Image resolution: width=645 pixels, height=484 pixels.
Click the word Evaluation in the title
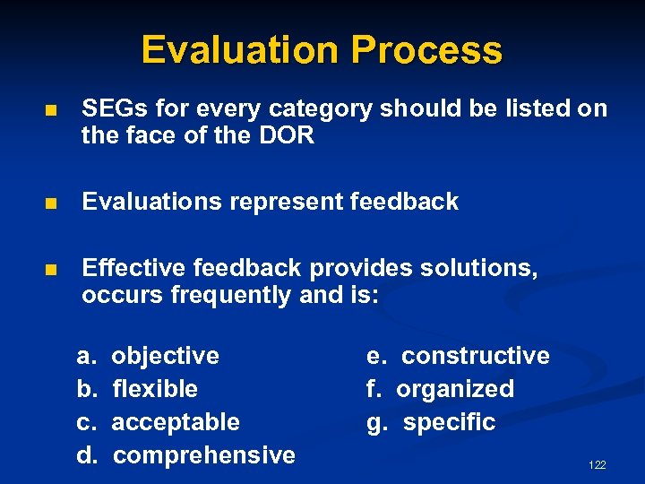[x=241, y=50]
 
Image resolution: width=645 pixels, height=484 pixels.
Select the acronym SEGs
[x=114, y=109]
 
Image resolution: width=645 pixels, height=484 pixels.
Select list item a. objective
[x=148, y=356]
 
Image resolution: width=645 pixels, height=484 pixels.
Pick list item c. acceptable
[x=158, y=422]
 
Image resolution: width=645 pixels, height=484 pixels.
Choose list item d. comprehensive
[x=185, y=455]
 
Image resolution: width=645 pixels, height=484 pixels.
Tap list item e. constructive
[x=458, y=356]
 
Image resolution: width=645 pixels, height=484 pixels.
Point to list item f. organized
[x=440, y=389]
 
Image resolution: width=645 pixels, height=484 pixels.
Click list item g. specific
[x=431, y=422]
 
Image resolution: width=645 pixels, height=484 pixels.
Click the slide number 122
[x=597, y=464]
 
